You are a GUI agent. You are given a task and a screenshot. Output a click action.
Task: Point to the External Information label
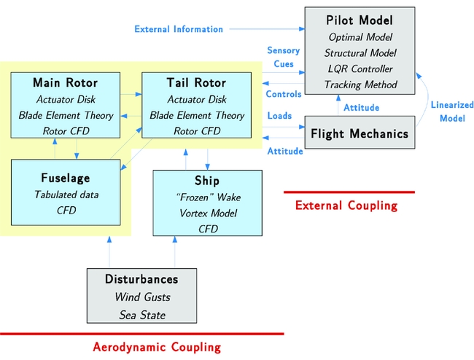click(179, 29)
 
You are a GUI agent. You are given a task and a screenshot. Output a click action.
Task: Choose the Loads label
click(279, 116)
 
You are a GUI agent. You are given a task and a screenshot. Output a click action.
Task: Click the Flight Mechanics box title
click(360, 134)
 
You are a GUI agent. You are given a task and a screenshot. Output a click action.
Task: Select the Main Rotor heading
click(65, 82)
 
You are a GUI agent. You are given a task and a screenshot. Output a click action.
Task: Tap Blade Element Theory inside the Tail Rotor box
click(197, 115)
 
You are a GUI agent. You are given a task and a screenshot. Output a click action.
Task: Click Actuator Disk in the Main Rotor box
click(65, 99)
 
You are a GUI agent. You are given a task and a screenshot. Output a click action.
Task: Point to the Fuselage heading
click(66, 178)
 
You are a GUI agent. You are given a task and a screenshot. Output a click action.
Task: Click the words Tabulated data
click(66, 195)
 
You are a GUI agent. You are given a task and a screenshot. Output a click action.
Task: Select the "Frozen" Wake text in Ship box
click(208, 197)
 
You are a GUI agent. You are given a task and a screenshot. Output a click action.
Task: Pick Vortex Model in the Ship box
click(208, 213)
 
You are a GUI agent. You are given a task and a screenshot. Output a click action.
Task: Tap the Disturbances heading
click(141, 279)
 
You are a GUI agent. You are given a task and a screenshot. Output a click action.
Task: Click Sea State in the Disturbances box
click(141, 314)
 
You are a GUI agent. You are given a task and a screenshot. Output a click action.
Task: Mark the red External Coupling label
click(346, 206)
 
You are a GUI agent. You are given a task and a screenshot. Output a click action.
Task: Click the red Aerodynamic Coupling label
click(157, 347)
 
